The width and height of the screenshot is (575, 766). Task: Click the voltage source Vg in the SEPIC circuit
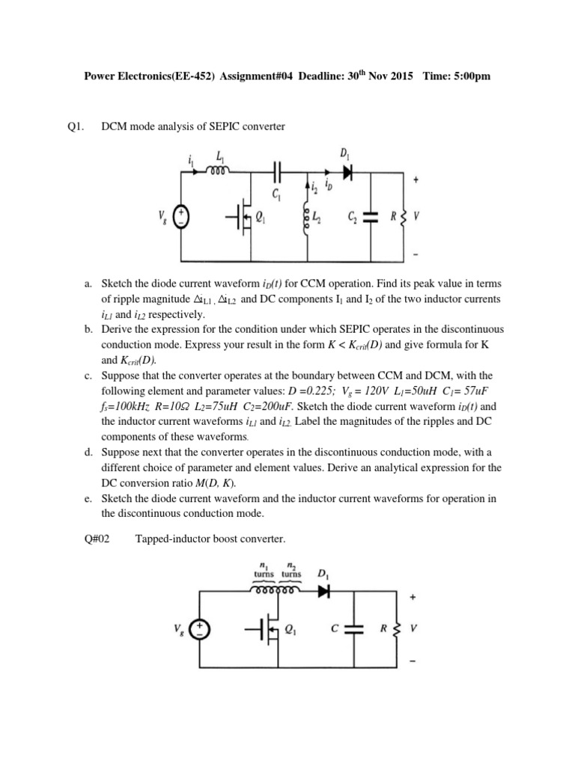180,217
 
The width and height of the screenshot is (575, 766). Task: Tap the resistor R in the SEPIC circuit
404,218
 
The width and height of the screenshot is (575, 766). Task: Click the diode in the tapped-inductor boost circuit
324,590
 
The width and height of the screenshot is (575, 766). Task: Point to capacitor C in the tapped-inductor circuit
354,629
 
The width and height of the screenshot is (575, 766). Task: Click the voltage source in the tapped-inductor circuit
199,629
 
